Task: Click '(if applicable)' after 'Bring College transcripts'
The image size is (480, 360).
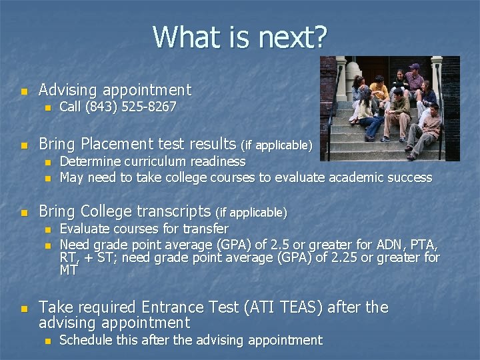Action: [x=252, y=213]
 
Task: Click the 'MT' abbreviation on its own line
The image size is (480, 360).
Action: [x=69, y=270]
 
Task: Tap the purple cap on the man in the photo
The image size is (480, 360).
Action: [x=414, y=67]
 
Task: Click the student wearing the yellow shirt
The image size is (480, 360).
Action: [x=379, y=89]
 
